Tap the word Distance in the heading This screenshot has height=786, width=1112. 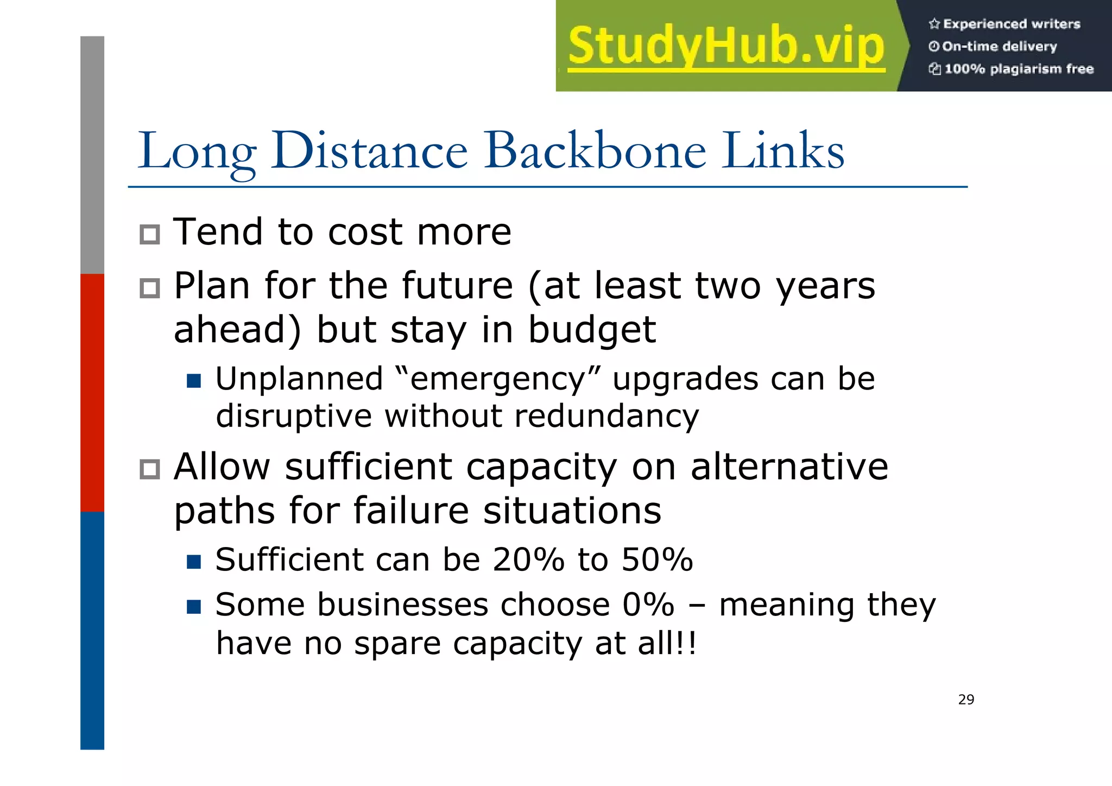(369, 150)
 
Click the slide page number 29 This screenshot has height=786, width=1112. (966, 700)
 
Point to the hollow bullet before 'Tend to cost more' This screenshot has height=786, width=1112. (150, 235)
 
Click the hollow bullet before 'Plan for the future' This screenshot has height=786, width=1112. (150, 288)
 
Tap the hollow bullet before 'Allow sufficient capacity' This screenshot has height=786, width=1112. (150, 469)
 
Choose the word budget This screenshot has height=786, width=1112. (592, 330)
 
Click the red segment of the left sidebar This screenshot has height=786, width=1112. (92, 392)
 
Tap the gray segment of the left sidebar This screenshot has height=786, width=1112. (92, 155)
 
